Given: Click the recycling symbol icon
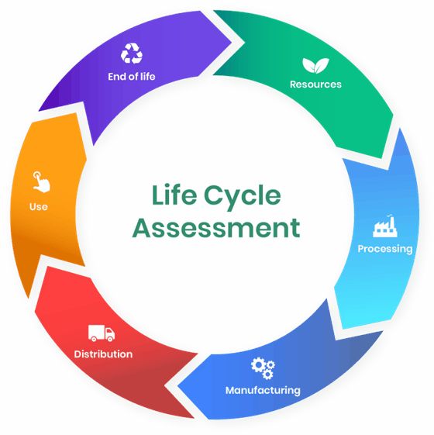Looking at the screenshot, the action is coord(132,54).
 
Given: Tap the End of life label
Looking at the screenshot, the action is coord(132,77).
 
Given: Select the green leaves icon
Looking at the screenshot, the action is coord(315,66).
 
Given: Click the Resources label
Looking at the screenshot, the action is coord(315,85).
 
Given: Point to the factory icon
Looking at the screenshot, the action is coord(385,226).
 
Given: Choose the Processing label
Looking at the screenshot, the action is coord(385,249).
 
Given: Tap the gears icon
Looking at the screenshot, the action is coord(263,368).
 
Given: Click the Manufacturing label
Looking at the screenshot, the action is coord(263,390).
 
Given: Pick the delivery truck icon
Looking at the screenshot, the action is coord(102,333).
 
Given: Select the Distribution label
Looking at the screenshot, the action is coord(103,354).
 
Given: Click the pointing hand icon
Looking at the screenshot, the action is coord(41,182).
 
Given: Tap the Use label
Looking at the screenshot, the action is coord(39,207).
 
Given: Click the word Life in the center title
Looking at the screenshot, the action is coord(174,195).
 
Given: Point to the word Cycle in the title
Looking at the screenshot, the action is coord(242,197).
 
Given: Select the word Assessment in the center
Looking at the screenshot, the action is coord(216,228).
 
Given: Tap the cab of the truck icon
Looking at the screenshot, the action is coord(110,333).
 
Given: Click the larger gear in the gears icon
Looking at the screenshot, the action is coord(258,365).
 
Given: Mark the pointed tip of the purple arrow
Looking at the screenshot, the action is coord(232,43).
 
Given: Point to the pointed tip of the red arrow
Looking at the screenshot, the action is coord(164,385).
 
